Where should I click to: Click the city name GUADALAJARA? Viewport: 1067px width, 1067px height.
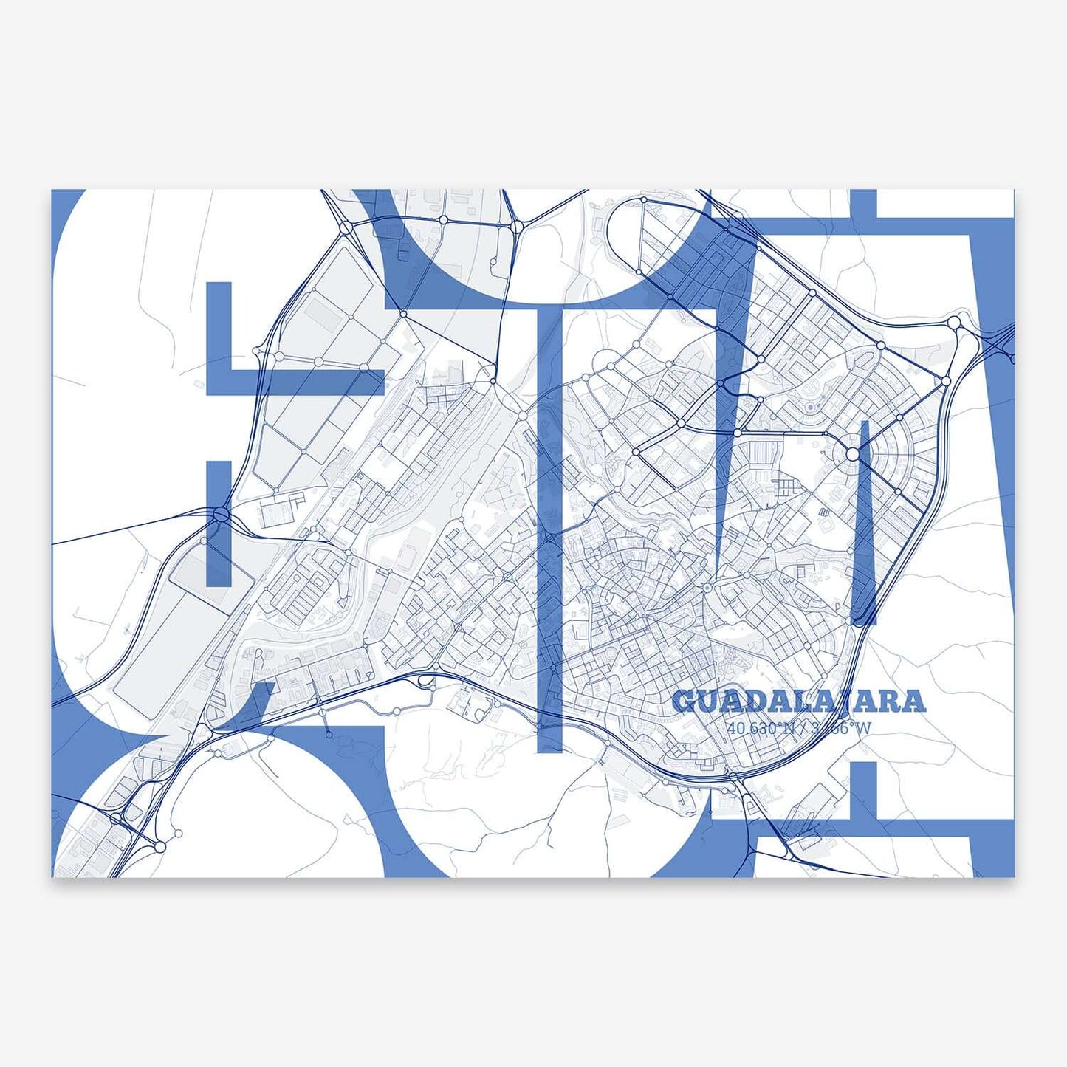pyautogui.click(x=799, y=701)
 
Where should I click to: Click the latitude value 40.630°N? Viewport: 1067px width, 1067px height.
pyautogui.click(x=761, y=728)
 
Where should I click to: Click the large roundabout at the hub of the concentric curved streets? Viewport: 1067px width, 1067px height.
pyautogui.click(x=853, y=455)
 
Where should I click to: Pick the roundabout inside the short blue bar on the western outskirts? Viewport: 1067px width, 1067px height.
pyautogui.click(x=219, y=515)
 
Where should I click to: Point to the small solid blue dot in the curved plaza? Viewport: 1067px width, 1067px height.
pyautogui.click(x=810, y=406)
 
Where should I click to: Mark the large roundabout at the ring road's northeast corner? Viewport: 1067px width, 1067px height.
pyautogui.click(x=954, y=322)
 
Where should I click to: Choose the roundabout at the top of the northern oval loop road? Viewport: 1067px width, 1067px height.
pyautogui.click(x=644, y=200)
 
